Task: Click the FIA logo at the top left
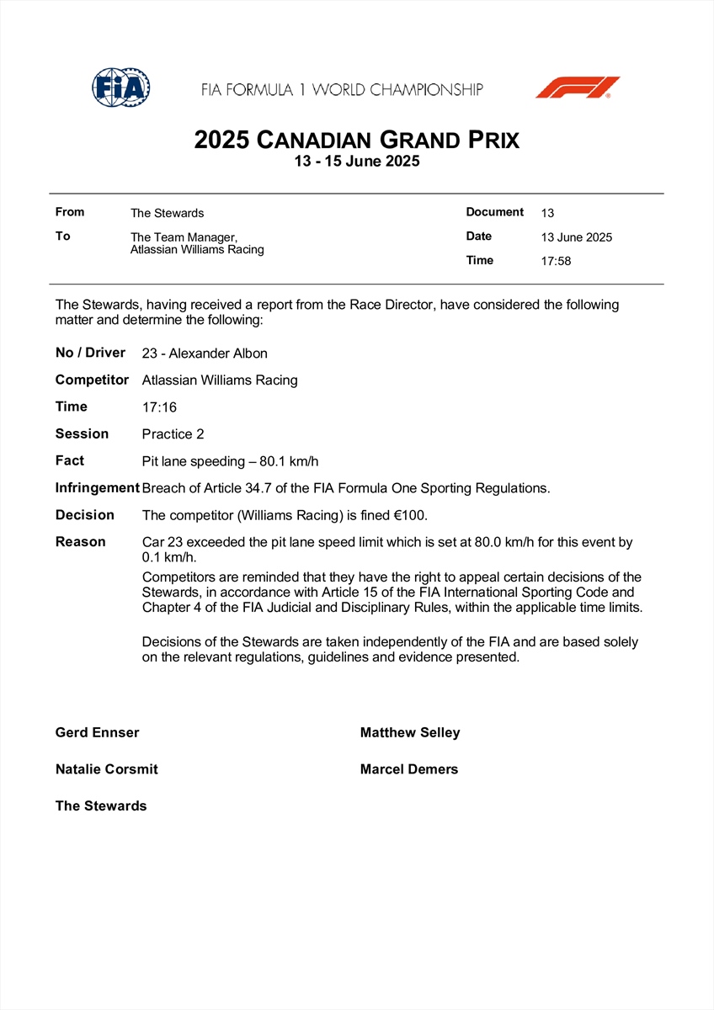pos(121,87)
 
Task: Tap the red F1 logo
pos(577,88)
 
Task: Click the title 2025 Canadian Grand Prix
pos(357,139)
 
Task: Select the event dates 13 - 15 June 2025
pos(357,162)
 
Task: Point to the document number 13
pos(547,213)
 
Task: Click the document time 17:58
pos(556,261)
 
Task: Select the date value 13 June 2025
pos(577,237)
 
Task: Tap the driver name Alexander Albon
pos(216,353)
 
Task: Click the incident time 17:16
pos(160,407)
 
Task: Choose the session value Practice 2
pos(173,434)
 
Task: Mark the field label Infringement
pos(97,488)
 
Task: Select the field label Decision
pos(85,515)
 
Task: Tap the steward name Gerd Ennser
pos(98,733)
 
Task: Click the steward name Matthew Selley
pos(410,733)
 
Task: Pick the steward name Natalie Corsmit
pos(107,769)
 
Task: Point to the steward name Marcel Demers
pos(409,769)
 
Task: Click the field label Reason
pos(81,542)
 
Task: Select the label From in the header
pos(70,212)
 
